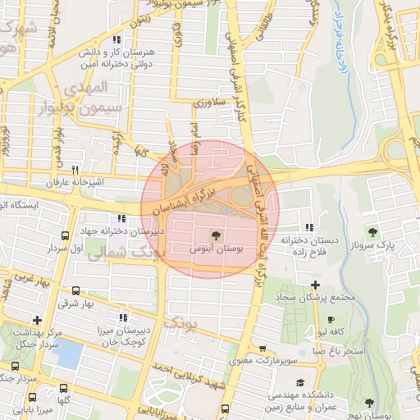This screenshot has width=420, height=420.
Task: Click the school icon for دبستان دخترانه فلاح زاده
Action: coord(308,228)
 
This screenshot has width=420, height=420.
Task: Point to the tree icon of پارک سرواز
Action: coord(374,232)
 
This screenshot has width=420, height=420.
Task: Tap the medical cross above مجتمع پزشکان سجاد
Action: coord(314,284)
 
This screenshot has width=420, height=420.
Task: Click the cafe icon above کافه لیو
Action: coord(331,320)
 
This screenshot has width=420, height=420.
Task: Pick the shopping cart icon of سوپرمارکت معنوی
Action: coord(262,348)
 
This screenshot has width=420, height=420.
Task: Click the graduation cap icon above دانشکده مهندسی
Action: coord(300,382)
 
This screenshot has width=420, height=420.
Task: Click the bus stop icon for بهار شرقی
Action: coord(76,290)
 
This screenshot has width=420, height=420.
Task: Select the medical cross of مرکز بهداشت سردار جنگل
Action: coord(36,320)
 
